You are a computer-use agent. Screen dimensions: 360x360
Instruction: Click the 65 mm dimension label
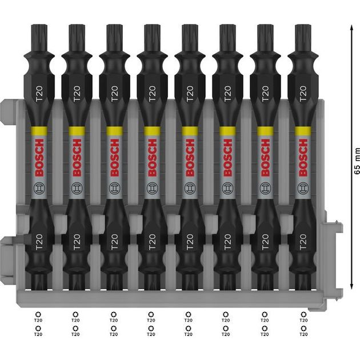click(x=357, y=161)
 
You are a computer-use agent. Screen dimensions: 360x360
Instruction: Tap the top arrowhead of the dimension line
click(x=351, y=28)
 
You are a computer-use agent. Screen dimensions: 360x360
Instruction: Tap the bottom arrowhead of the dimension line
click(x=351, y=285)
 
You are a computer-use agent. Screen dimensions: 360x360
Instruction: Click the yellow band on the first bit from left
click(x=39, y=131)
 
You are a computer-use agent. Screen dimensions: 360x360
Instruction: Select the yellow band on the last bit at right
click(x=303, y=131)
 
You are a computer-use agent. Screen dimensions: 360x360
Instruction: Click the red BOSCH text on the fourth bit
click(x=152, y=158)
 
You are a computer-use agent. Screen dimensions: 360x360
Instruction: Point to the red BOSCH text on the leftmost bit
click(x=39, y=158)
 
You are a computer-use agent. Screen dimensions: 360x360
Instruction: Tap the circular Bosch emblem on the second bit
click(x=77, y=188)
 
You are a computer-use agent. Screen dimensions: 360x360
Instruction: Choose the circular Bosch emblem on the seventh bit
click(x=265, y=188)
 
